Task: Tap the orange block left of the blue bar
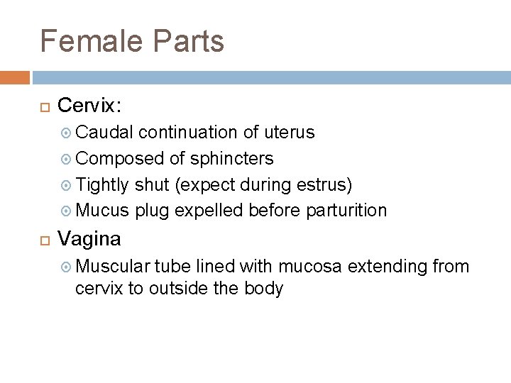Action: click(15, 77)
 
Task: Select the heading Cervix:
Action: click(89, 106)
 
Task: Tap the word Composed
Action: click(121, 158)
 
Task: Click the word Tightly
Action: click(103, 184)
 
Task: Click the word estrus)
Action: click(329, 184)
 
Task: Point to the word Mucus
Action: click(102, 211)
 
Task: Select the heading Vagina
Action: click(89, 239)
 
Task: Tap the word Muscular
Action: click(112, 267)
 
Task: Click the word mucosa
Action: click(310, 267)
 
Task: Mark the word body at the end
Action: click(265, 288)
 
